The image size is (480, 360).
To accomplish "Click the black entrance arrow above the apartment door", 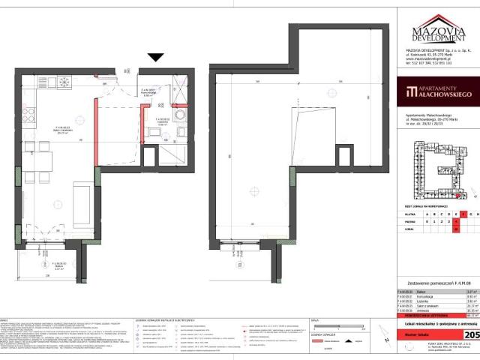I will click(156, 57).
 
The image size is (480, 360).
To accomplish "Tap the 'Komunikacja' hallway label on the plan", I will click(148, 94).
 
